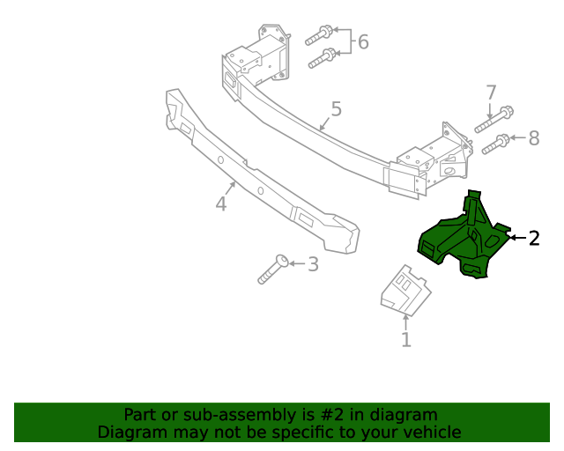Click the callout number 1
point(406,340)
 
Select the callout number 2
point(534,238)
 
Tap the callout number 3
point(313,263)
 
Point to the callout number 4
point(221,204)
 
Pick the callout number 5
point(336,109)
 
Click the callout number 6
point(362,41)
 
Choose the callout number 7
point(491,92)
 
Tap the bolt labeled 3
point(273,269)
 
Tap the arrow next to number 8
point(518,138)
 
